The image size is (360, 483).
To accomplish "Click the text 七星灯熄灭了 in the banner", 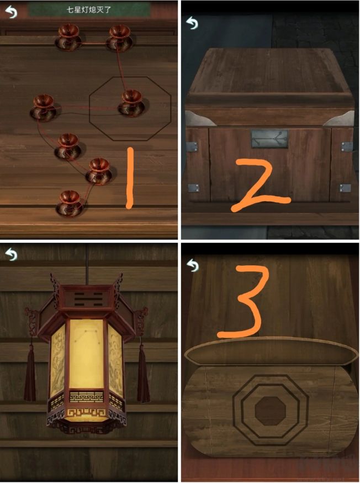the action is pyautogui.click(x=89, y=10).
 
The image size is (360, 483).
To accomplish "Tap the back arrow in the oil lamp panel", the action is pyautogui.click(x=12, y=12).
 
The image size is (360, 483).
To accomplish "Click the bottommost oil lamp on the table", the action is pyautogui.click(x=70, y=203).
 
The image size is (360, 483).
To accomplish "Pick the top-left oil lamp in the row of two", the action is pyautogui.click(x=68, y=38).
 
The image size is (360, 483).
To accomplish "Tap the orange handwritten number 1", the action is pyautogui.click(x=130, y=178).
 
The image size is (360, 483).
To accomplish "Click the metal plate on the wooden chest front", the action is pyautogui.click(x=269, y=139).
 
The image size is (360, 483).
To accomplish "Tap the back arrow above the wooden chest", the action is pyautogui.click(x=192, y=23).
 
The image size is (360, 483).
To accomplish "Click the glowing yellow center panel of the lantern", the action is pyautogui.click(x=87, y=354).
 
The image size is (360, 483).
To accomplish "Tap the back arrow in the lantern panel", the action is pyautogui.click(x=12, y=254).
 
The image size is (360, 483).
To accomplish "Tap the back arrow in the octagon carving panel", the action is pyautogui.click(x=193, y=265).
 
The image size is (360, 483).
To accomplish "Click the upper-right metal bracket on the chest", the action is pyautogui.click(x=347, y=146).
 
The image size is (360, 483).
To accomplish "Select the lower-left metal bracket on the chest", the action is pyautogui.click(x=194, y=188).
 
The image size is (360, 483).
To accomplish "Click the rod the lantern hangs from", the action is pyautogui.click(x=87, y=264).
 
